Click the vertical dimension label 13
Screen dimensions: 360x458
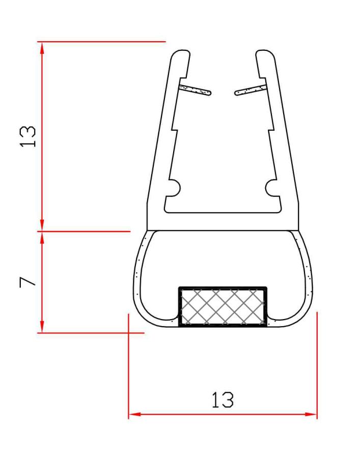(x=28, y=136)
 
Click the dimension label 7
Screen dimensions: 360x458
(x=27, y=282)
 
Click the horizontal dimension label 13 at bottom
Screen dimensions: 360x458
(x=223, y=400)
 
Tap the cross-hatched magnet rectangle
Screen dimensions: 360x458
(x=223, y=307)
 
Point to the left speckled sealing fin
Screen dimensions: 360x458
(x=195, y=90)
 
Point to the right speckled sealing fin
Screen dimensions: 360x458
(x=251, y=90)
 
